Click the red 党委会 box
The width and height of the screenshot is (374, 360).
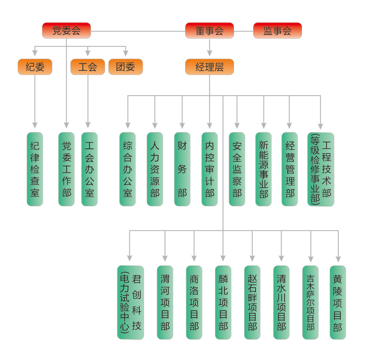(66, 31)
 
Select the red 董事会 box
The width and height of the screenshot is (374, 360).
(209, 31)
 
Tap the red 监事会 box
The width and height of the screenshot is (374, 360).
(277, 31)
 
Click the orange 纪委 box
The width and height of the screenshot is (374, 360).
(35, 67)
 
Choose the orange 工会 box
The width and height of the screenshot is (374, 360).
(88, 67)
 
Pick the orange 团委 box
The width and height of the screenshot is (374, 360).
(126, 67)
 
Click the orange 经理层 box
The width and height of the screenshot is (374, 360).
(209, 67)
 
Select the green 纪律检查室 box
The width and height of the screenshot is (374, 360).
(35, 169)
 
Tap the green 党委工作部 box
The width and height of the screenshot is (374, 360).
(66, 169)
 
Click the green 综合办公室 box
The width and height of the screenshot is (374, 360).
(127, 169)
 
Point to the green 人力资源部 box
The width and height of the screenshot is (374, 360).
(155, 169)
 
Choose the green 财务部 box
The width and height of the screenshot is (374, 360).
(182, 169)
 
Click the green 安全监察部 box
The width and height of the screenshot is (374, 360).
(237, 169)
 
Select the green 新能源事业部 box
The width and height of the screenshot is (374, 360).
(263, 169)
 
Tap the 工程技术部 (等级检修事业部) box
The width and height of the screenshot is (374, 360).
(321, 169)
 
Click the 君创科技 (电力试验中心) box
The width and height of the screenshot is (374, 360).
(131, 302)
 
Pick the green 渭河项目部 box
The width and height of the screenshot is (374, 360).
(165, 302)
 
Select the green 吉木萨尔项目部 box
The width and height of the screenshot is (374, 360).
(310, 302)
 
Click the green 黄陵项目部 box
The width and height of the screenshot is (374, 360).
(338, 302)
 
